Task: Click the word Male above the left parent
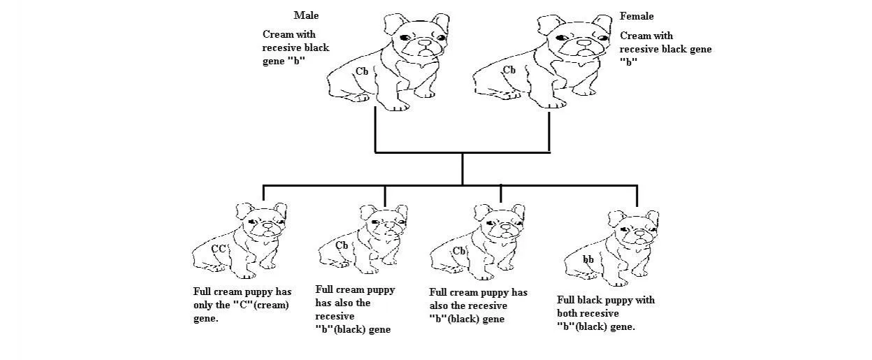click(306, 15)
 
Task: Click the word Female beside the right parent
click(637, 16)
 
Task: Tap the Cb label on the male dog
click(362, 71)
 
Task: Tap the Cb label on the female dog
click(509, 70)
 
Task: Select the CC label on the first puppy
click(219, 249)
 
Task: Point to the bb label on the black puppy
click(588, 259)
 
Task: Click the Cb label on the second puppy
click(342, 245)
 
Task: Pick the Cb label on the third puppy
click(459, 251)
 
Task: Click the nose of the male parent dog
click(425, 42)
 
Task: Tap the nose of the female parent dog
click(583, 43)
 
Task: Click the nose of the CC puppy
click(268, 225)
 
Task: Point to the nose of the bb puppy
click(640, 233)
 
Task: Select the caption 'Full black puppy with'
click(606, 301)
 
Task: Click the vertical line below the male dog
click(375, 129)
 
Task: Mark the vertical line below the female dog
click(549, 131)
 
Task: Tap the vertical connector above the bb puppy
click(637, 196)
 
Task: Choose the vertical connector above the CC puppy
click(263, 193)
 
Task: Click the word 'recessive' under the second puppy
click(335, 316)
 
